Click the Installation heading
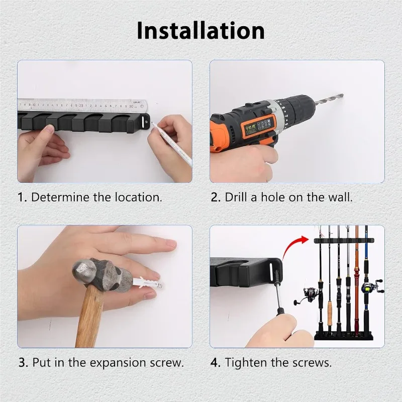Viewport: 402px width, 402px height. [200, 31]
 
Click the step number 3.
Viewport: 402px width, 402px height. [23, 363]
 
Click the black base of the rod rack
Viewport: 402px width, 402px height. [344, 335]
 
